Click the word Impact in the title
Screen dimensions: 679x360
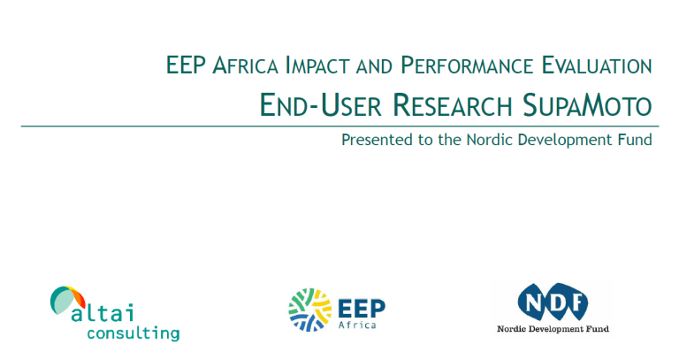(317, 65)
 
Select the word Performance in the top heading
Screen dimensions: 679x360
(467, 65)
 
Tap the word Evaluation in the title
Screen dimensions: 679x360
(597, 65)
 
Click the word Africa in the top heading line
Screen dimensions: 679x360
(245, 65)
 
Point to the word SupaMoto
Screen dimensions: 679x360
(587, 105)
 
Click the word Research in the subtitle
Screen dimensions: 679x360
(452, 105)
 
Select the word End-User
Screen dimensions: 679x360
(320, 105)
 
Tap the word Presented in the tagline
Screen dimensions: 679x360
(377, 140)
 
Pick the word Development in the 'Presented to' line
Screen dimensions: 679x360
(563, 141)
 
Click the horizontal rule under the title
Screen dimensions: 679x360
(339, 126)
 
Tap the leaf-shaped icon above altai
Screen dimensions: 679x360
(67, 299)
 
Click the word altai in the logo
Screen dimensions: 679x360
(103, 312)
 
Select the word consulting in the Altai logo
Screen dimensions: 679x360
(134, 333)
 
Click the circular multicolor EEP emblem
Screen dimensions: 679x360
(310, 310)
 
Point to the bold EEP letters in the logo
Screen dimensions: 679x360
(361, 309)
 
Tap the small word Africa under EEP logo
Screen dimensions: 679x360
(357, 325)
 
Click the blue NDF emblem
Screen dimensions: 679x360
(553, 302)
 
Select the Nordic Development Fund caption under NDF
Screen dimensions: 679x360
(553, 329)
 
